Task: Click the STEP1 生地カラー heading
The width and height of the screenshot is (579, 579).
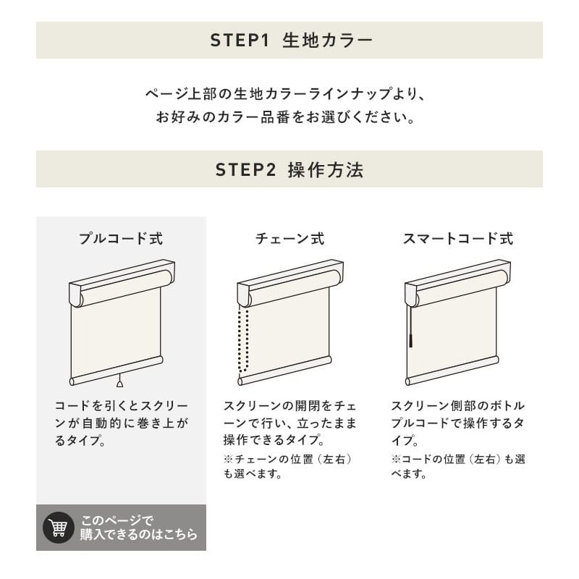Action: click(291, 41)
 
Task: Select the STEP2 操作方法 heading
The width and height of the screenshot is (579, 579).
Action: click(289, 170)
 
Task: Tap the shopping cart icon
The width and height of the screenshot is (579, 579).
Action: click(59, 528)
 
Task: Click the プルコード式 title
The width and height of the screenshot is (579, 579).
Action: click(121, 239)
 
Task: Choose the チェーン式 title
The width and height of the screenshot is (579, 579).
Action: click(290, 239)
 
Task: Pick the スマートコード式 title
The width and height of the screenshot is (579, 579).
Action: click(458, 239)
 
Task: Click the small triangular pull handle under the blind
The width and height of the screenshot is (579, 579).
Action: click(119, 384)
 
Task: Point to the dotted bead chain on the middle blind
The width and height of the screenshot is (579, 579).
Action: click(243, 339)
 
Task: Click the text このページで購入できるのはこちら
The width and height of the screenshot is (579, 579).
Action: click(139, 528)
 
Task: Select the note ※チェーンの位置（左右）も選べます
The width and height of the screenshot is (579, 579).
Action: click(287, 466)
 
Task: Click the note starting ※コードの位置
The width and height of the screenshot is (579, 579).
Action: click(458, 466)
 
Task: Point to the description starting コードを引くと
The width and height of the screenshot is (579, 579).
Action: click(121, 423)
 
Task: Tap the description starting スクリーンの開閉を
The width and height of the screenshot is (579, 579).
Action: click(290, 423)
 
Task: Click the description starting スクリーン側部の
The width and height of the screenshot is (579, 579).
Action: click(458, 423)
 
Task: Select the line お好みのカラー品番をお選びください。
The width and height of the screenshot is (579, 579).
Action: click(286, 117)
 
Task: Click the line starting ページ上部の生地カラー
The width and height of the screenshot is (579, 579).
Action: click(286, 94)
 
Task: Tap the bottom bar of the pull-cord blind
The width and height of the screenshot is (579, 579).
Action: click(117, 371)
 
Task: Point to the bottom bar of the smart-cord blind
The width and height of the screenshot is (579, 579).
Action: click(452, 371)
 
